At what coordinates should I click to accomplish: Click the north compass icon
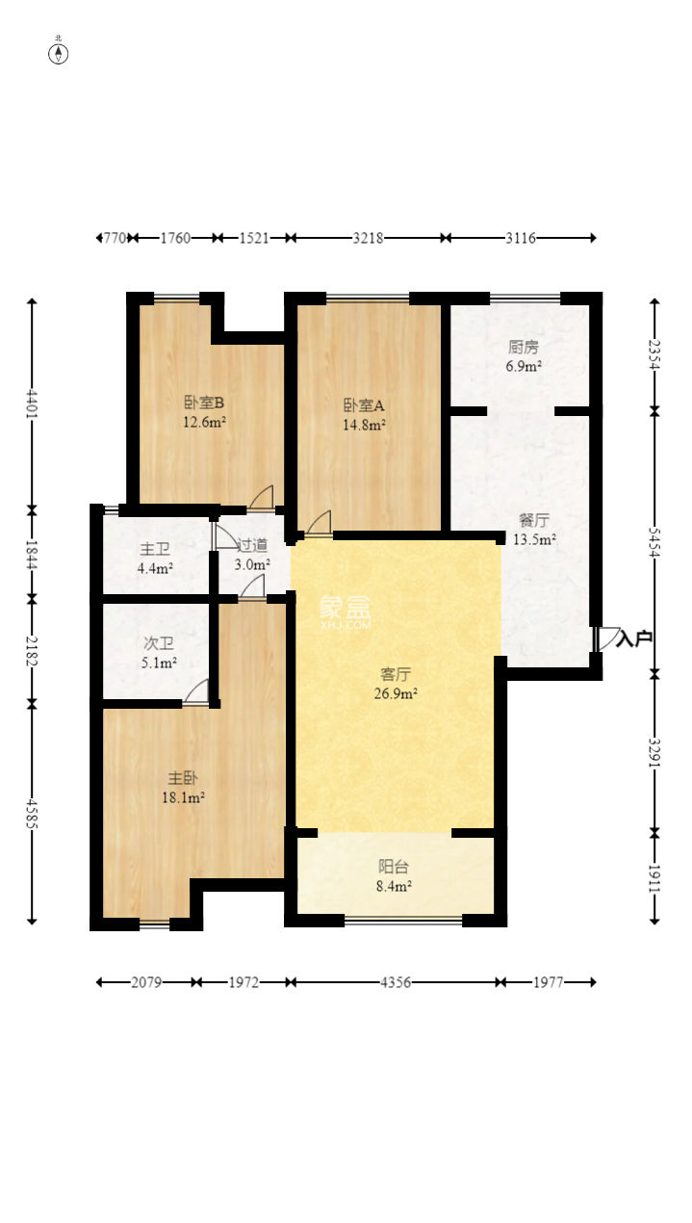(59, 53)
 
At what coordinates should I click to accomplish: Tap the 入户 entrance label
(635, 638)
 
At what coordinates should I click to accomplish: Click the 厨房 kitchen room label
(524, 348)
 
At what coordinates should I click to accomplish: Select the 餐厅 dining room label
(534, 521)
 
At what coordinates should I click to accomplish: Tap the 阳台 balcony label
(395, 867)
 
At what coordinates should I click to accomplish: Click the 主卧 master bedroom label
(183, 778)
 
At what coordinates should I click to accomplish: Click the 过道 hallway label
(252, 545)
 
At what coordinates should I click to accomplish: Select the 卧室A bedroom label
(365, 404)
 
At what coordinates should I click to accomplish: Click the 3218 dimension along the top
(368, 237)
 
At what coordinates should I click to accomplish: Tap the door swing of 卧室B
(261, 497)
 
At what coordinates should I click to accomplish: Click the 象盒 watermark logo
(345, 609)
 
